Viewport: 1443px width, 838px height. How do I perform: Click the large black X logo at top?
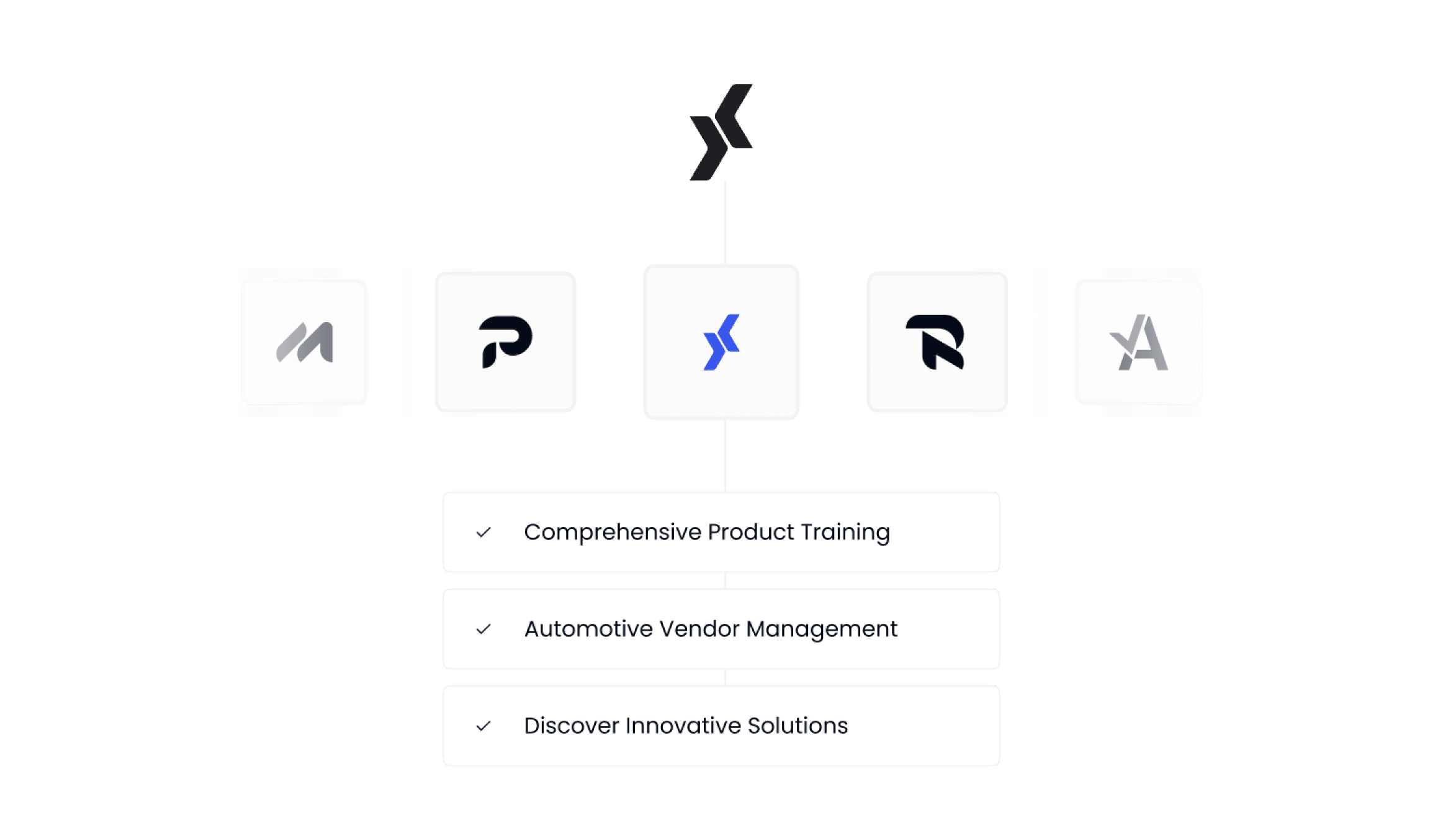(x=721, y=132)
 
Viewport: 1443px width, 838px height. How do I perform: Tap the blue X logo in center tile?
(x=721, y=342)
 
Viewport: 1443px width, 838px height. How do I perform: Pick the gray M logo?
(x=305, y=342)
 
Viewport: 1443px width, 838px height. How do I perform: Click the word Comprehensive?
(x=613, y=533)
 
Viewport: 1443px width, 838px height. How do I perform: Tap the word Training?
(x=845, y=532)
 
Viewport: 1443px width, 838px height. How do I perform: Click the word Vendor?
(x=699, y=629)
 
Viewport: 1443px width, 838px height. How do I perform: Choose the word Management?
(x=822, y=629)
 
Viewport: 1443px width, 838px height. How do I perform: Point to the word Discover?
(x=571, y=726)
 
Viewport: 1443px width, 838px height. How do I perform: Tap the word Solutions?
(x=798, y=726)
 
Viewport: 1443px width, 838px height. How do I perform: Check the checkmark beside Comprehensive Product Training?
(x=483, y=533)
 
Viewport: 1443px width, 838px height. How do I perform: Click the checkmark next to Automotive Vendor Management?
(x=483, y=629)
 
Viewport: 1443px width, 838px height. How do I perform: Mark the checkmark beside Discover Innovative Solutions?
(x=483, y=726)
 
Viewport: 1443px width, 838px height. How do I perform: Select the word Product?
(x=751, y=532)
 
